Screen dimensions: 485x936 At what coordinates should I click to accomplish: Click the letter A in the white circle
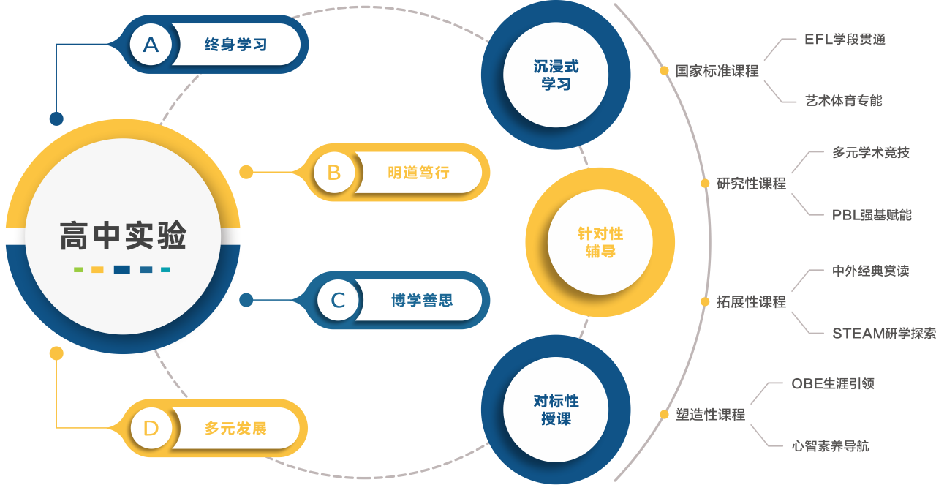tap(151, 45)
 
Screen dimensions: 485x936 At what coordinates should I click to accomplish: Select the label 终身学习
tap(235, 45)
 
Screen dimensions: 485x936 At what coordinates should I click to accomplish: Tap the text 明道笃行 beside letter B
tap(418, 173)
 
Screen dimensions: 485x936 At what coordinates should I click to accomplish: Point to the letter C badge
tap(338, 301)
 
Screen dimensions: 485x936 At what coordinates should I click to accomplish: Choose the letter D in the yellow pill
tap(151, 429)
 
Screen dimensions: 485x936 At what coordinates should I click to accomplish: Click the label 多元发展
tap(235, 429)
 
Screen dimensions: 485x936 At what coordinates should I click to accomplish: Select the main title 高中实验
tap(123, 236)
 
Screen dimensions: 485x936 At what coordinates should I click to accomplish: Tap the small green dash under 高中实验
tap(78, 270)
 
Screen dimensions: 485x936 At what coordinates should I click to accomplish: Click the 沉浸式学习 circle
tap(556, 75)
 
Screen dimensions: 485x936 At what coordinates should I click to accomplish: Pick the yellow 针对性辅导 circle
tap(600, 243)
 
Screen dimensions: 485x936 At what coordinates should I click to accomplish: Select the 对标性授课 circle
tap(556, 410)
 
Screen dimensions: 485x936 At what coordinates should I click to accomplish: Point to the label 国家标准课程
tap(717, 71)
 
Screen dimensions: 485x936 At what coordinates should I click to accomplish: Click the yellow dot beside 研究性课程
tap(705, 184)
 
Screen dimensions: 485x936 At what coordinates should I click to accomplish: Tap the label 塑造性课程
tap(710, 415)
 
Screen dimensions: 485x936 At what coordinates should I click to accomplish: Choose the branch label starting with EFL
tap(845, 40)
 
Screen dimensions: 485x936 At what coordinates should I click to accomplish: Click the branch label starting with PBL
tap(872, 215)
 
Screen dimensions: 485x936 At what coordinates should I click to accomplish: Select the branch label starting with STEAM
tap(883, 334)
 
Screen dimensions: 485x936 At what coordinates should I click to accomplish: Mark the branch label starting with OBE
tap(833, 384)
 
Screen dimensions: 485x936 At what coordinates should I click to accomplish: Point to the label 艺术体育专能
tap(843, 101)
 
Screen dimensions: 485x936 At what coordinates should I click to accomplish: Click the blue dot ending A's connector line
tap(56, 119)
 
